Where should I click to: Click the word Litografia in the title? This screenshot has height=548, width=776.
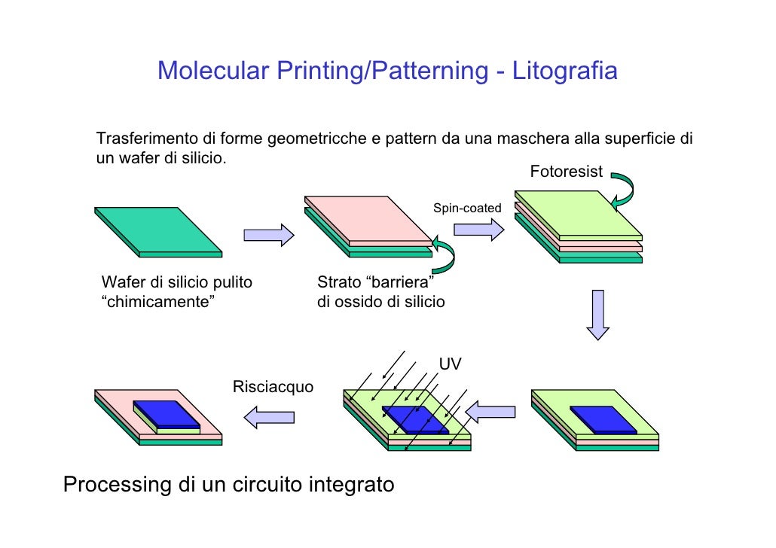565,70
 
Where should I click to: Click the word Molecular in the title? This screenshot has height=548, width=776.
213,70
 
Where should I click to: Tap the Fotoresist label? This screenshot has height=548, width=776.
566,172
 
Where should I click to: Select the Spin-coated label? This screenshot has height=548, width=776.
467,208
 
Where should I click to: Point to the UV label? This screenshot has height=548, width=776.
450,364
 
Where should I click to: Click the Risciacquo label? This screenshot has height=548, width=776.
273,386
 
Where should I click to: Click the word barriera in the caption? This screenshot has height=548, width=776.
399,282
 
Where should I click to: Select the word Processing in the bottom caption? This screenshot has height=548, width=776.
118,484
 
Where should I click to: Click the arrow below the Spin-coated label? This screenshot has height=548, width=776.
478,230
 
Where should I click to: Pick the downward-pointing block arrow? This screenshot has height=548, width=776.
598,315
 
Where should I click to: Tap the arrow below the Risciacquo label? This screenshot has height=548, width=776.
269,417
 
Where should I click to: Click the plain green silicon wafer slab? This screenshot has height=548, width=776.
158,232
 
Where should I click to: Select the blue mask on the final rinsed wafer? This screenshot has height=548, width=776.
167,415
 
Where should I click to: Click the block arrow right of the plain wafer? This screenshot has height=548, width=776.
269,235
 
